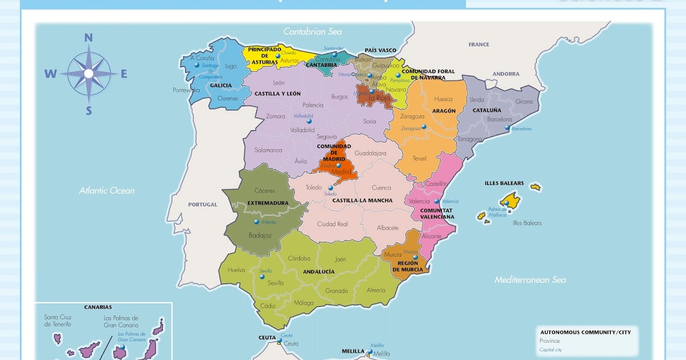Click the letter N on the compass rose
click(x=89, y=38)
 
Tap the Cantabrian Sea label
click(x=313, y=32)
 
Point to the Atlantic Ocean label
click(x=107, y=191)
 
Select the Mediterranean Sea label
click(x=530, y=280)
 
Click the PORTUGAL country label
click(x=203, y=205)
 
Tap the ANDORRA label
click(x=506, y=74)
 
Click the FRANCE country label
click(x=478, y=45)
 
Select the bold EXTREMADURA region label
click(x=268, y=203)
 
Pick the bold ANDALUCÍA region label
click(x=318, y=272)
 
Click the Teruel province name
click(x=420, y=158)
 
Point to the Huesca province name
click(x=443, y=99)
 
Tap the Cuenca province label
click(x=381, y=188)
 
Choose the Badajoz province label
click(x=260, y=235)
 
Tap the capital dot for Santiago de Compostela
click(x=196, y=65)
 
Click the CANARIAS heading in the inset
click(x=98, y=307)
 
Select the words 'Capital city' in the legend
click(x=551, y=350)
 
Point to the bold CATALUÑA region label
click(x=486, y=110)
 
